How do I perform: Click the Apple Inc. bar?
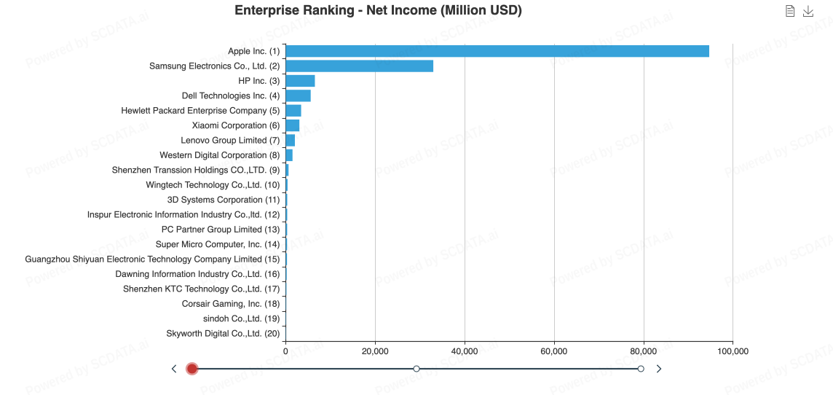click(497, 51)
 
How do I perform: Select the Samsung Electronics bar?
click(359, 66)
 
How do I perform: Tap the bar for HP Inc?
click(300, 81)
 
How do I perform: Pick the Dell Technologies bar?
click(298, 95)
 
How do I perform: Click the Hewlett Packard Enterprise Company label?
click(200, 111)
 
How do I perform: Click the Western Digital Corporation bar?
click(289, 155)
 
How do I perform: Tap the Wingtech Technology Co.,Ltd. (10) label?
click(213, 185)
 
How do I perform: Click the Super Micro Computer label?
click(218, 244)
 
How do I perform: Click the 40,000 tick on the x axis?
click(465, 351)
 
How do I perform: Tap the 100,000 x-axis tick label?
click(733, 351)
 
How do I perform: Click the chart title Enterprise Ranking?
click(378, 10)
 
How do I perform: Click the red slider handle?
click(192, 369)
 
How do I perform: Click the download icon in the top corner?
click(808, 11)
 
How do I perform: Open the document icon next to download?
click(790, 11)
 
